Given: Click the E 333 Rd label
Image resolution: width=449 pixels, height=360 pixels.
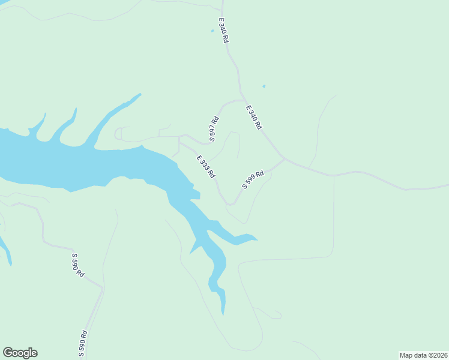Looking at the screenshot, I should [206, 167].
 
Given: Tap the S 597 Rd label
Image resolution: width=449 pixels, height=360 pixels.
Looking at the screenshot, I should [214, 129].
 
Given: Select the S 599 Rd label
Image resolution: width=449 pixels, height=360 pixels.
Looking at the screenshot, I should [253, 179].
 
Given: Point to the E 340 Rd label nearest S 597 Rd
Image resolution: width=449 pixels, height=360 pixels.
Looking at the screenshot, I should [254, 117].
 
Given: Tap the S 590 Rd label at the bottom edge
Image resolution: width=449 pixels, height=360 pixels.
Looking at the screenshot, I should [83, 344].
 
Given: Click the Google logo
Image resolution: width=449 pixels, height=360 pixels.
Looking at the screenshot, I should [20, 353].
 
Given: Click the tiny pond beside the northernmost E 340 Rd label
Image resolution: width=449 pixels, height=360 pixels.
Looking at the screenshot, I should [212, 31].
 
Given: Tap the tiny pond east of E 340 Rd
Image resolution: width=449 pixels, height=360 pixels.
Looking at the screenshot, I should [264, 86].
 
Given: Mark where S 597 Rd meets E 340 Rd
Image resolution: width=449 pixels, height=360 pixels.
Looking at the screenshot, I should [243, 100].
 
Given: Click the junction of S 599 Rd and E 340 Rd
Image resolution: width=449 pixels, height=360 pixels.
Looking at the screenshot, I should [283, 159].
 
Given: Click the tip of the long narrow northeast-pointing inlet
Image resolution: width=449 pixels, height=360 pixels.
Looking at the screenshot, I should [140, 94].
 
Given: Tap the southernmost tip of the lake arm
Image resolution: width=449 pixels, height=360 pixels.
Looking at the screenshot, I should [223, 314].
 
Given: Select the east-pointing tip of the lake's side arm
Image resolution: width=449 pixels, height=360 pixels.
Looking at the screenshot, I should [257, 240].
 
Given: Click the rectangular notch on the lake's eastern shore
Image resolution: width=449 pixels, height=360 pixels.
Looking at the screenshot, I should [196, 194].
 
